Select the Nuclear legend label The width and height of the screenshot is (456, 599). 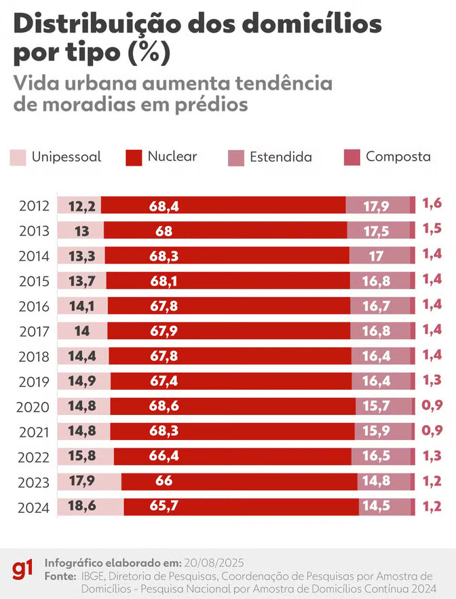[x=172, y=156]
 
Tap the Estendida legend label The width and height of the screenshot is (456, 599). [x=281, y=157]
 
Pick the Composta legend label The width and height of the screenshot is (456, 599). [x=398, y=156]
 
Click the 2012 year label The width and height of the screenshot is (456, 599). [x=35, y=206]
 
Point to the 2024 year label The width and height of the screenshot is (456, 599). [x=35, y=507]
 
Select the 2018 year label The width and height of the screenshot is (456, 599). [x=35, y=356]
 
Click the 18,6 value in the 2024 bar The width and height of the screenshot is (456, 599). [x=82, y=507]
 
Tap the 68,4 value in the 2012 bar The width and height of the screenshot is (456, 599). [x=164, y=206]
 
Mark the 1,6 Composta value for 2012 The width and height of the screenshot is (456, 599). [x=432, y=202]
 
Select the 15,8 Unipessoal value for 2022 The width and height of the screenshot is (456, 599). [x=82, y=456]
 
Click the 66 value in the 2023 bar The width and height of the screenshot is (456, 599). [x=164, y=482]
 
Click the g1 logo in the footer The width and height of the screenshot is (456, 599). [x=22, y=570]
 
